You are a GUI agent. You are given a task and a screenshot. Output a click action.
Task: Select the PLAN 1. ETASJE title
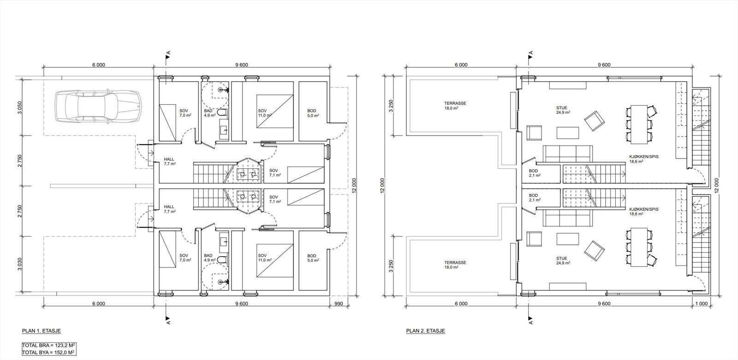(41, 330)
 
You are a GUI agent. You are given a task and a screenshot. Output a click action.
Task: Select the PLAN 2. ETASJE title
(425, 330)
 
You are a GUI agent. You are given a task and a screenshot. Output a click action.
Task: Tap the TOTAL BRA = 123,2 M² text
(49, 346)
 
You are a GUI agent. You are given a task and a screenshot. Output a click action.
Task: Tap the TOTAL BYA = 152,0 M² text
(49, 353)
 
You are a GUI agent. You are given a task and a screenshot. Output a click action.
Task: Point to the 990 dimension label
(339, 304)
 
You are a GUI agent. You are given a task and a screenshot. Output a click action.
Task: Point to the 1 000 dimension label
(701, 304)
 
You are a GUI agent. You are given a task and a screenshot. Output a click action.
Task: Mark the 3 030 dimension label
(20, 264)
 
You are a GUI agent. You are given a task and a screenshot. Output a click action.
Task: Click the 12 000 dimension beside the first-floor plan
(354, 186)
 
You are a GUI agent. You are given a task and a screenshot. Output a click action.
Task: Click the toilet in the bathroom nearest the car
(223, 112)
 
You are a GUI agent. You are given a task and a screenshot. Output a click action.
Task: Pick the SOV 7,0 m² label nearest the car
(185, 113)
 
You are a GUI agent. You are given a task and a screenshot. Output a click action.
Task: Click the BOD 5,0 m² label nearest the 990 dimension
(312, 258)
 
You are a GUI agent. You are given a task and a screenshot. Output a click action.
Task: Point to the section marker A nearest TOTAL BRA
(168, 320)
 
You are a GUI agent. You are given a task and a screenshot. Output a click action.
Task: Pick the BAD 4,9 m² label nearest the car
(210, 113)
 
